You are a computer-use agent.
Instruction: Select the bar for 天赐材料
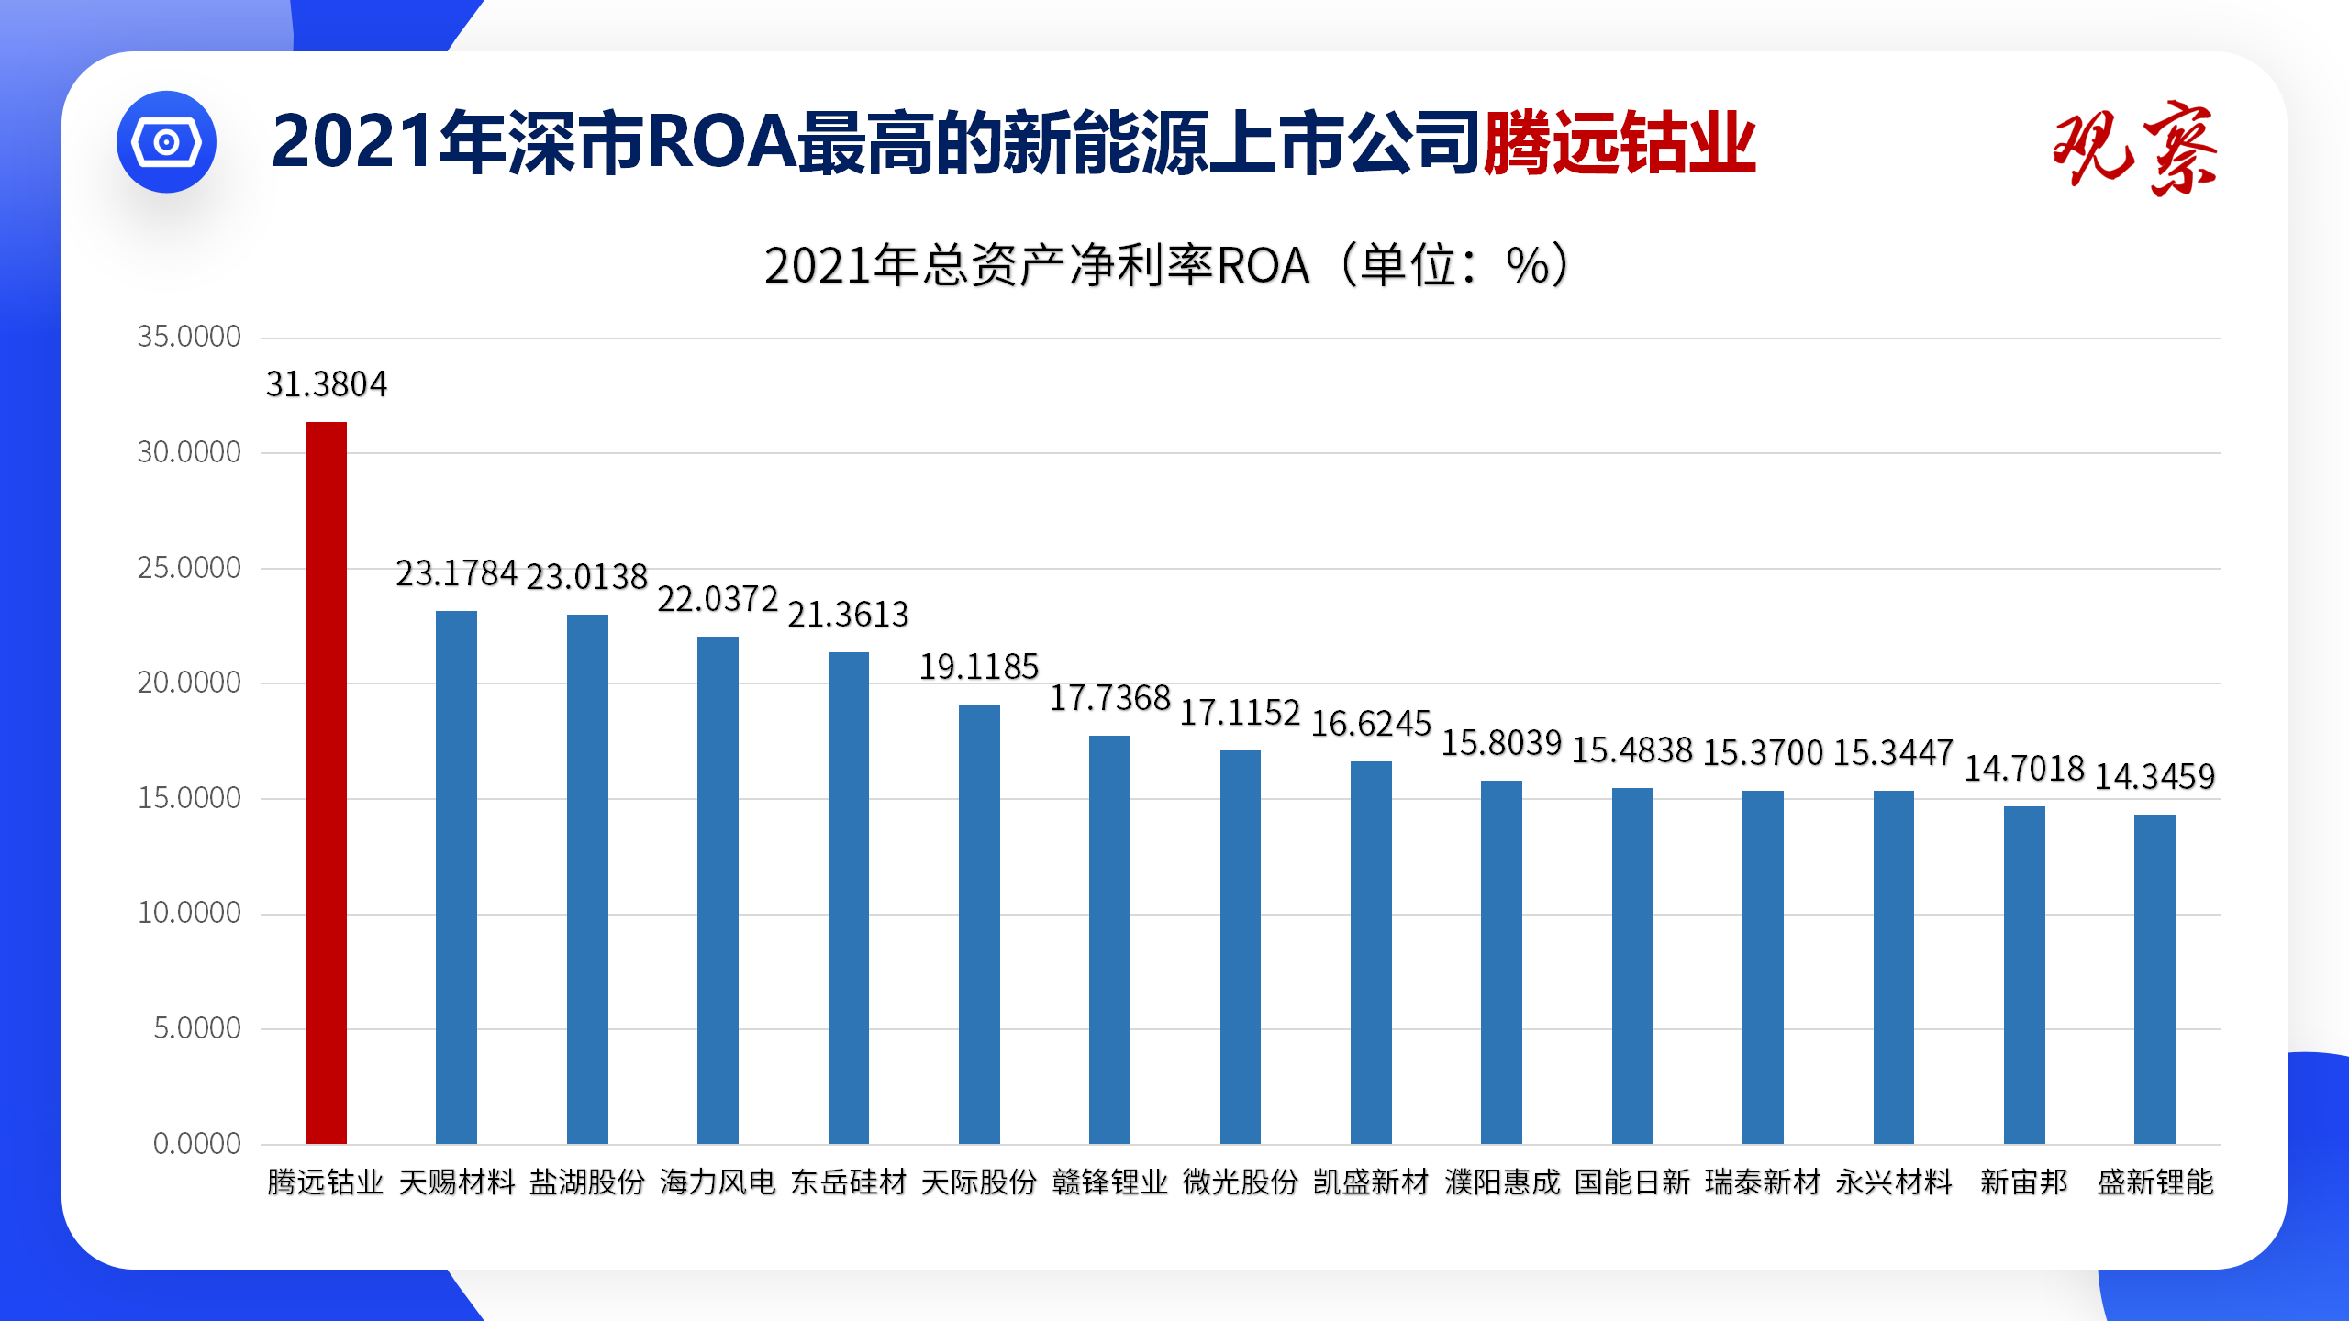[456, 877]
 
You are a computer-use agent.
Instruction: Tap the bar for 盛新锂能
[2154, 979]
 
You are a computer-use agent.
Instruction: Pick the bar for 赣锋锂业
[1109, 939]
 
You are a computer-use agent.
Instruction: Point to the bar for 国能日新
[1632, 965]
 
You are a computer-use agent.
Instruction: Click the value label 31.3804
[327, 384]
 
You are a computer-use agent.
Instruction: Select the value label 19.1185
[979, 667]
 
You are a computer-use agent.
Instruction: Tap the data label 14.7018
[2024, 769]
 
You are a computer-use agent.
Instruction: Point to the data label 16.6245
[1371, 724]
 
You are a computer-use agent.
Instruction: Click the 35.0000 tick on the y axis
[189, 337]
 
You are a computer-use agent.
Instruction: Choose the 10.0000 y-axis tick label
[189, 913]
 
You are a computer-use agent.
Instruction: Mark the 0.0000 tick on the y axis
[196, 1143]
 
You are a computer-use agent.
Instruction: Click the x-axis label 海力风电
[718, 1182]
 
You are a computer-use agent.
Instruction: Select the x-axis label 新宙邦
[2024, 1182]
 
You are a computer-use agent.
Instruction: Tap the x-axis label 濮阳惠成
[1502, 1182]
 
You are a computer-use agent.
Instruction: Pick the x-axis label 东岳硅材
[849, 1182]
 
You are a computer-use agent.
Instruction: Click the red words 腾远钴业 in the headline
[1620, 142]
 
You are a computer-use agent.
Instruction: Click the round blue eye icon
[166, 142]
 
